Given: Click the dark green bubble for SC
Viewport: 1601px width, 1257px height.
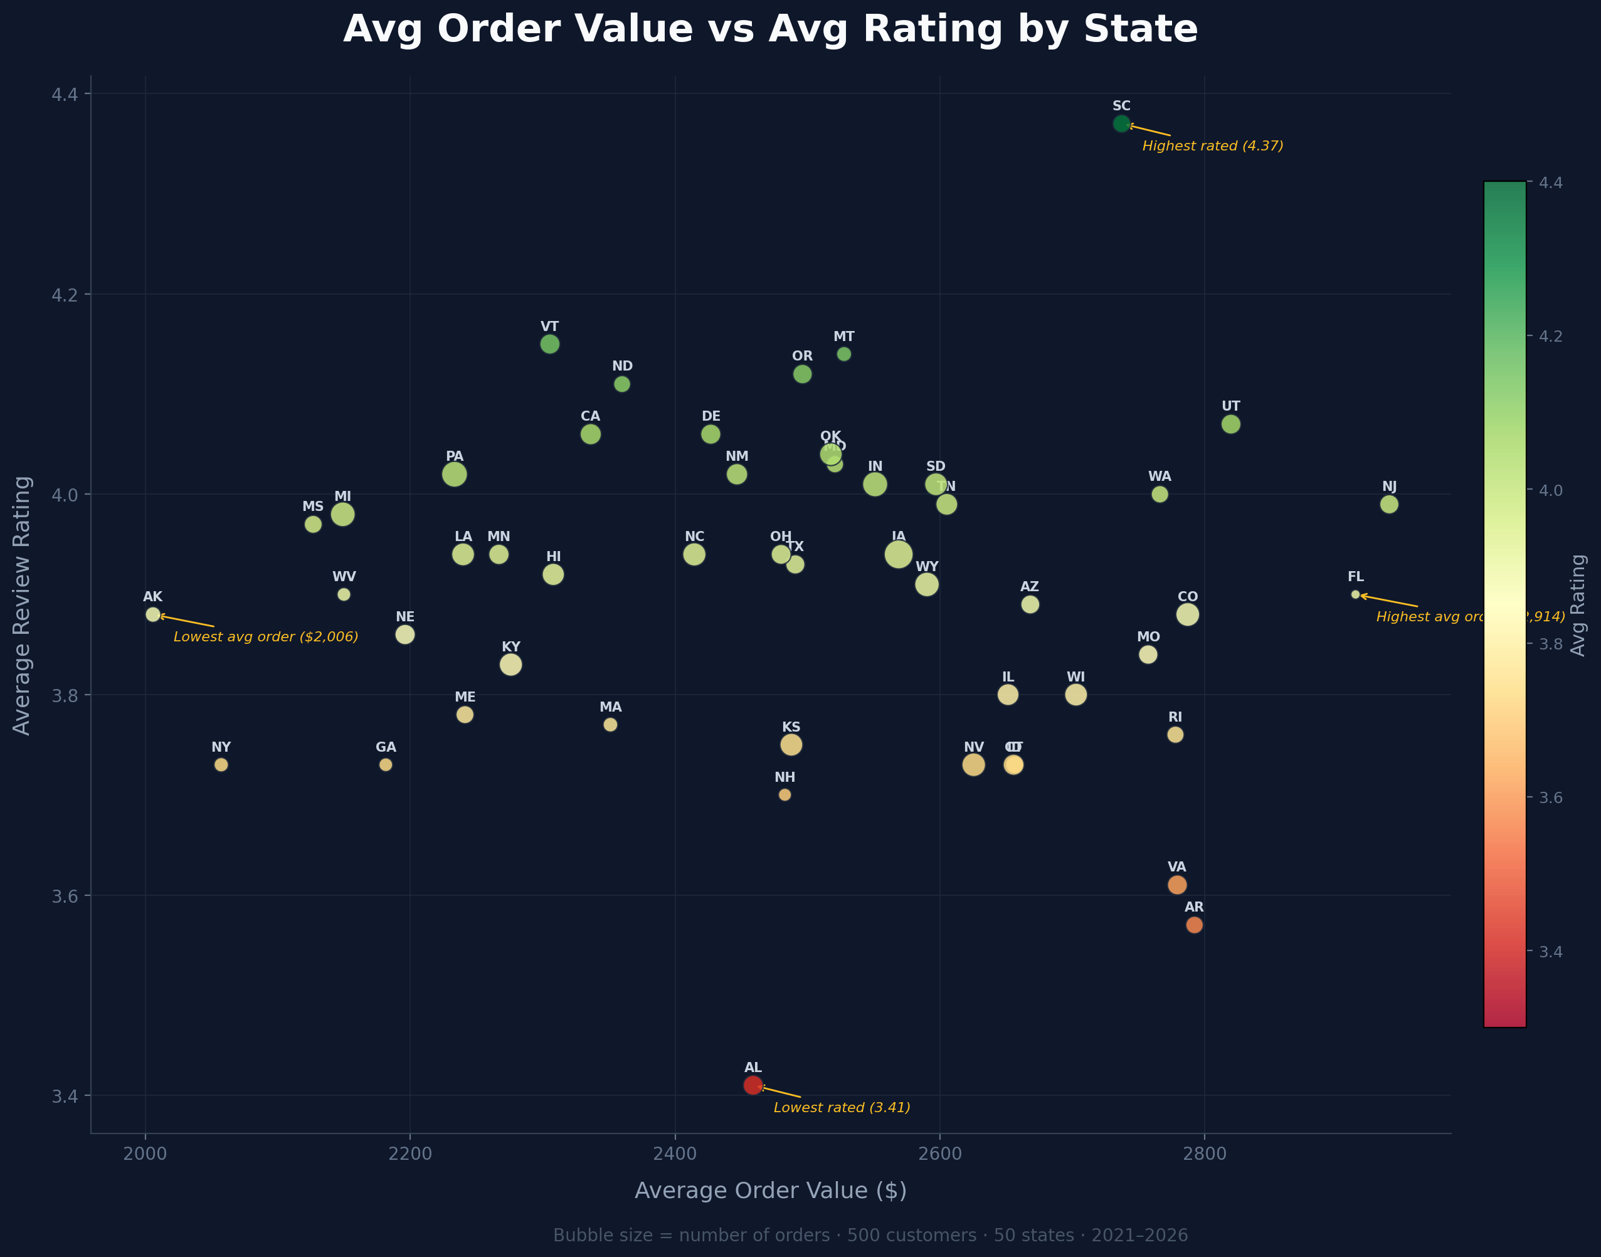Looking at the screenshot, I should (1121, 124).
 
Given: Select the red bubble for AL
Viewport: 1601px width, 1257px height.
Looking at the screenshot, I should (753, 1085).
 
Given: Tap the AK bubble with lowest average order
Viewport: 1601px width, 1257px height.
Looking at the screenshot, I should (153, 614).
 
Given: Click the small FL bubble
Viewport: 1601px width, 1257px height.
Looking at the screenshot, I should (1355, 594).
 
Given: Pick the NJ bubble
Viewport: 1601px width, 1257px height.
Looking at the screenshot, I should (1389, 504).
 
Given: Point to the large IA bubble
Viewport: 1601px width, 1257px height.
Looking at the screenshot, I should (899, 554).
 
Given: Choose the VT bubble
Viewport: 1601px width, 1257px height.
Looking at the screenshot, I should (550, 344).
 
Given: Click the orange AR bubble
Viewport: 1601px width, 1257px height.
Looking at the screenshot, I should (1194, 924).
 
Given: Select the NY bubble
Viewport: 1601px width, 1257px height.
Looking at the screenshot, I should (221, 765).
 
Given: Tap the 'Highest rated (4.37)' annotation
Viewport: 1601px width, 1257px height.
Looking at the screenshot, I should (1212, 145).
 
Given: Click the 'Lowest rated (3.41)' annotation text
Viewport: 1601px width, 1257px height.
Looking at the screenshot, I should (842, 1108).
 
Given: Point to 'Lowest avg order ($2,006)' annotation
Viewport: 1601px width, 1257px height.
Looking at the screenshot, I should (266, 636).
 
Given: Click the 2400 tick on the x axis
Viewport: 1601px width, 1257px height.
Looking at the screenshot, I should (675, 1153).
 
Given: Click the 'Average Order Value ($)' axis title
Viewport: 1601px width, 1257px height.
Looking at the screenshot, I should (770, 1191).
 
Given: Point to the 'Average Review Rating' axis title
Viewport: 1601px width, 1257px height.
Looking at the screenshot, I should (22, 605).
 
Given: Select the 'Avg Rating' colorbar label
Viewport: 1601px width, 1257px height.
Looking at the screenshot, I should (1577, 605).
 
